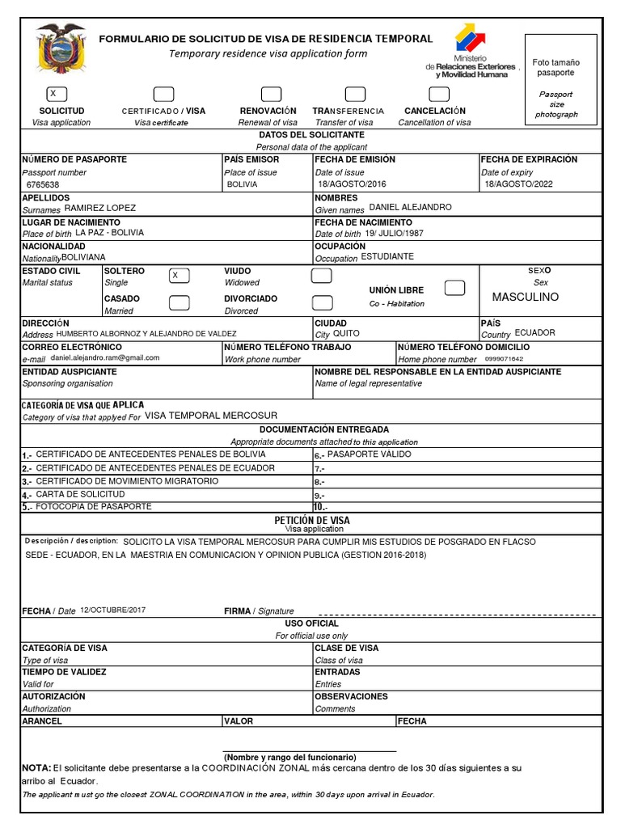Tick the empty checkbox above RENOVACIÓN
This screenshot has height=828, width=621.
(271, 94)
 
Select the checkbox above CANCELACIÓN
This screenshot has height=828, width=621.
(438, 94)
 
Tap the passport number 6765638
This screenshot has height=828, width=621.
(43, 184)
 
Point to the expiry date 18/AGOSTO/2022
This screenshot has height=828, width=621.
(518, 184)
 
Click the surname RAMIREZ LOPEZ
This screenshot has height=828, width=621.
(100, 208)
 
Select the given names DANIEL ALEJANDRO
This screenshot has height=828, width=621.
(410, 208)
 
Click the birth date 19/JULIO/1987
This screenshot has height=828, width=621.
(394, 233)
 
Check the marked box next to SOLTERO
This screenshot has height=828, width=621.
(179, 276)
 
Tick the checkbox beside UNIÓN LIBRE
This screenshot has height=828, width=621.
(455, 288)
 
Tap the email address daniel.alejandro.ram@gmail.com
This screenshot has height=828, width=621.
(105, 357)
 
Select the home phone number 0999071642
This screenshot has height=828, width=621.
(504, 358)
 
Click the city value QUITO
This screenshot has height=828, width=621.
(347, 333)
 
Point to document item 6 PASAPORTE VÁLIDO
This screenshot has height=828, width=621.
(369, 455)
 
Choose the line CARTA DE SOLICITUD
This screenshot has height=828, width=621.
(81, 493)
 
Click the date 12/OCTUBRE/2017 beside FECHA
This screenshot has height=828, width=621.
(113, 610)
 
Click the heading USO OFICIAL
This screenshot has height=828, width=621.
(311, 623)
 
